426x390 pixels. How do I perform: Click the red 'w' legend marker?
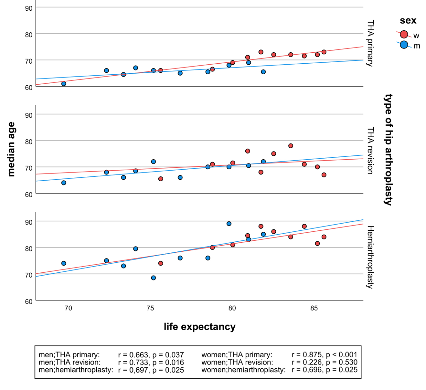pos(404,34)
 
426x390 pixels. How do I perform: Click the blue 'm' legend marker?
pos(404,45)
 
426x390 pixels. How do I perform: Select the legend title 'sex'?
pos(408,21)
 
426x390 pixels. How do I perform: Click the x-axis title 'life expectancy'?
pos(200,327)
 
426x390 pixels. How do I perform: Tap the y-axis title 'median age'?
pos(11,149)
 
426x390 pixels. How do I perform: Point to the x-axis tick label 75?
pos(150,308)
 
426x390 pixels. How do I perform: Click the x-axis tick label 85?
pos(314,308)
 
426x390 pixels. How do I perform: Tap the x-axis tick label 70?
pos(68,308)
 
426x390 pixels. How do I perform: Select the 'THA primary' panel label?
pos(370,43)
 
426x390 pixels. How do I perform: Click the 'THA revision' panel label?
pos(370,150)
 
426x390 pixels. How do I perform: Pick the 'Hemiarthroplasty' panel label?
pos(370,257)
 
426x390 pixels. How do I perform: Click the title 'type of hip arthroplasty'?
pos(389,150)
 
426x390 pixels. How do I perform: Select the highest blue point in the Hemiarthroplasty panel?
pos(229,224)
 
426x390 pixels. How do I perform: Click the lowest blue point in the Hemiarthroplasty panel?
pos(153,278)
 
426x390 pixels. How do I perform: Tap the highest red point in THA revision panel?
pos(291,146)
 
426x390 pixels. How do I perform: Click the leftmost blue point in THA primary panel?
pos(64,84)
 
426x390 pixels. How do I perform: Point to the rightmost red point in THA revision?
pos(324,175)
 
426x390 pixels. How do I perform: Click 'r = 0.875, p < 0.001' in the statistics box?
pos(324,355)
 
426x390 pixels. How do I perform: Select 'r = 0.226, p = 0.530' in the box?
pos(324,362)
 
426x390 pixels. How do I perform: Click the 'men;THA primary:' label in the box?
pos(69,355)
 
